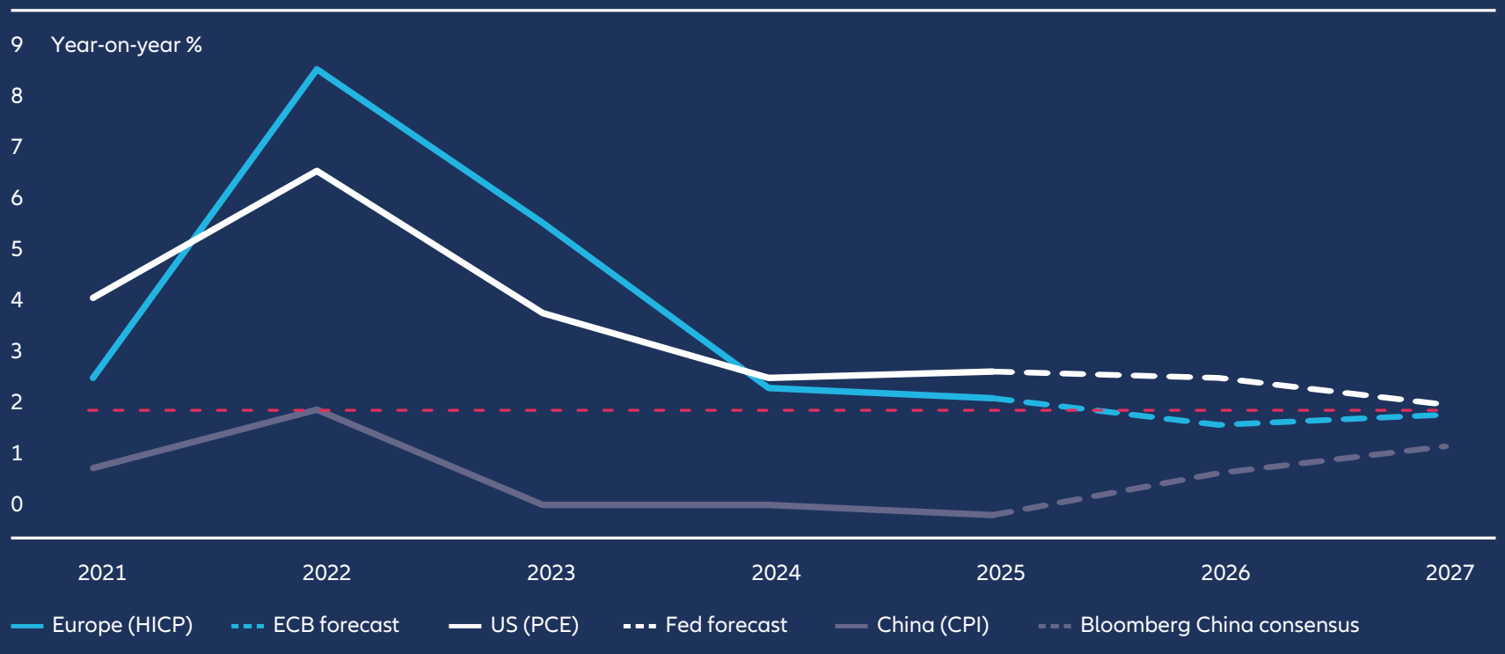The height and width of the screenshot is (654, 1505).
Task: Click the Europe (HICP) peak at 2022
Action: [317, 70]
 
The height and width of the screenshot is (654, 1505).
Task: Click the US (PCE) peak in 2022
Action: [317, 171]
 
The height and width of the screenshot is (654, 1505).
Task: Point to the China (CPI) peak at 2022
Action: [317, 409]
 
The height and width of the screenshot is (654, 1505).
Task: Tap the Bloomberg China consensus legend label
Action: [1219, 625]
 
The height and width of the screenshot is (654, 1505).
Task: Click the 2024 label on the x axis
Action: [776, 573]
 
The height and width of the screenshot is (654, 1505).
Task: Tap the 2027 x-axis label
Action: [1450, 573]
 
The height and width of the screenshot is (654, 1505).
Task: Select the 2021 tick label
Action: [102, 573]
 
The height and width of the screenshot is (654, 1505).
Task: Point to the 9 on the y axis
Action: [17, 45]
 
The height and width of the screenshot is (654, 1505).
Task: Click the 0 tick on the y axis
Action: [17, 504]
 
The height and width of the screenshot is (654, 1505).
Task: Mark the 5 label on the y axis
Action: [17, 249]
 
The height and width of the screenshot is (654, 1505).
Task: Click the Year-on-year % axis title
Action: [127, 45]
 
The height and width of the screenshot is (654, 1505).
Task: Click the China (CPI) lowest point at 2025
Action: [992, 515]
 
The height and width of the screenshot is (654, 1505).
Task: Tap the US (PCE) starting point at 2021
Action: [92, 298]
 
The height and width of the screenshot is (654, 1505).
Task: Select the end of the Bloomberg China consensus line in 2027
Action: [1445, 447]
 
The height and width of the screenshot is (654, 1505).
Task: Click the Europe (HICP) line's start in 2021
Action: [92, 378]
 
